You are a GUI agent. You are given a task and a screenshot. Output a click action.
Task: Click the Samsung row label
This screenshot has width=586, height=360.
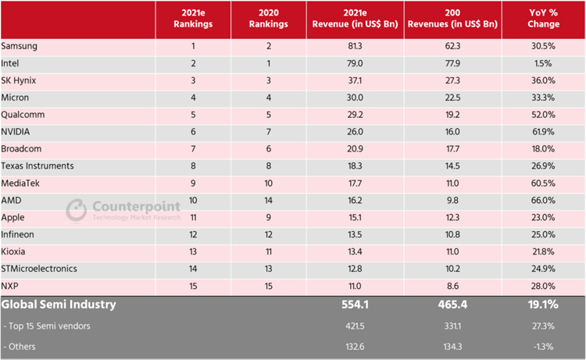point(20,46)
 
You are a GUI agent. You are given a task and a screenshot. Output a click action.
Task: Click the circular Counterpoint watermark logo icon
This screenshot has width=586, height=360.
point(77,209)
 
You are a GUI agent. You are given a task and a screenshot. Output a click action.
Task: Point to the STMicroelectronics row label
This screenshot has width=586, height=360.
point(40,268)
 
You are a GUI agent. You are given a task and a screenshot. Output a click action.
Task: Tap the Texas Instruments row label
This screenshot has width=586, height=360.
point(38,166)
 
